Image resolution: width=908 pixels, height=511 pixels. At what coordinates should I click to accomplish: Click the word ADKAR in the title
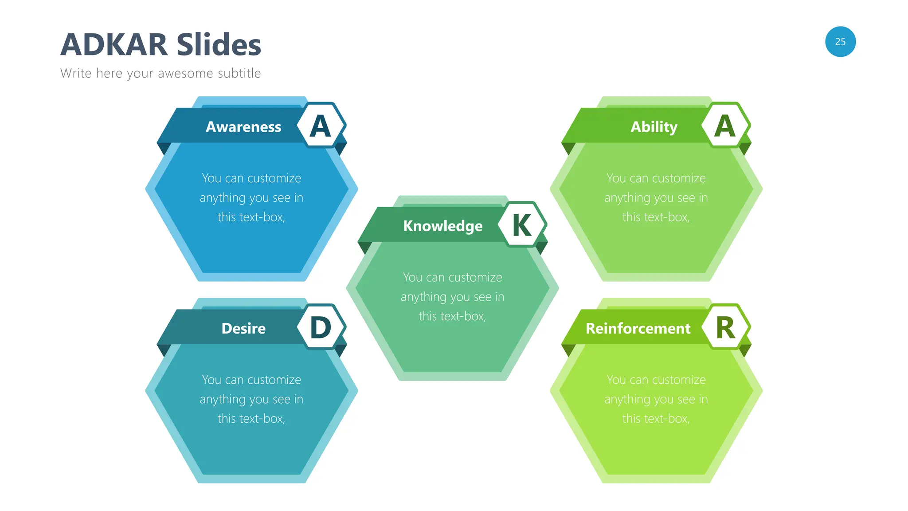(x=114, y=45)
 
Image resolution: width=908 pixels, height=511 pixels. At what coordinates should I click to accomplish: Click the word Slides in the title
(x=219, y=45)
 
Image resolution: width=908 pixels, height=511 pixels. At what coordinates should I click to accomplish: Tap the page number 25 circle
(x=840, y=42)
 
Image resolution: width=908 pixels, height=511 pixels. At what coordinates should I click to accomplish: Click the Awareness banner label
(x=243, y=127)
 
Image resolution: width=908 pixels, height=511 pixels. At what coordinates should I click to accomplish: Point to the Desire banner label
(x=243, y=328)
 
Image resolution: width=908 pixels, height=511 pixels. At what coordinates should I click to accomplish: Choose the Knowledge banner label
(x=442, y=226)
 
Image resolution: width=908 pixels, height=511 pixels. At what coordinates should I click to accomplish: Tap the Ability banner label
(x=654, y=127)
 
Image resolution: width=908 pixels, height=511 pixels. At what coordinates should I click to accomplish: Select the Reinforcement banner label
(x=638, y=328)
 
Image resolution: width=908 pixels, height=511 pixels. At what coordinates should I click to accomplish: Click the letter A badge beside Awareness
(x=321, y=126)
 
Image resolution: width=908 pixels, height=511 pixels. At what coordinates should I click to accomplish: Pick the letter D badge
(x=321, y=327)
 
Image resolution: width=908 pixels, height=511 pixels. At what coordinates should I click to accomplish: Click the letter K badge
(x=522, y=225)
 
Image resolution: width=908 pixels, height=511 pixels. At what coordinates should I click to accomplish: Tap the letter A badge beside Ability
(x=725, y=126)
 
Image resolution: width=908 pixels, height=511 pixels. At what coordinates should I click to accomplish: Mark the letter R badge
(x=725, y=328)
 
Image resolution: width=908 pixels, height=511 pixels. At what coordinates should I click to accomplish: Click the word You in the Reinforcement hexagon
(x=616, y=380)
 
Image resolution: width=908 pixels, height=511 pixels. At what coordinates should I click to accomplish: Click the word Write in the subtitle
(x=76, y=73)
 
